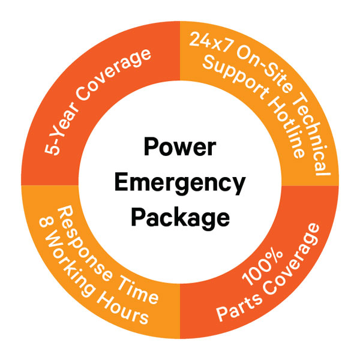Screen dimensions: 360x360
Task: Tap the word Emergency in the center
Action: (x=180, y=182)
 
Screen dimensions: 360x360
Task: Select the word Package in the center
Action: (x=180, y=217)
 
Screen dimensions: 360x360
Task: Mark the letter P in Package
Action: (x=138, y=215)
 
